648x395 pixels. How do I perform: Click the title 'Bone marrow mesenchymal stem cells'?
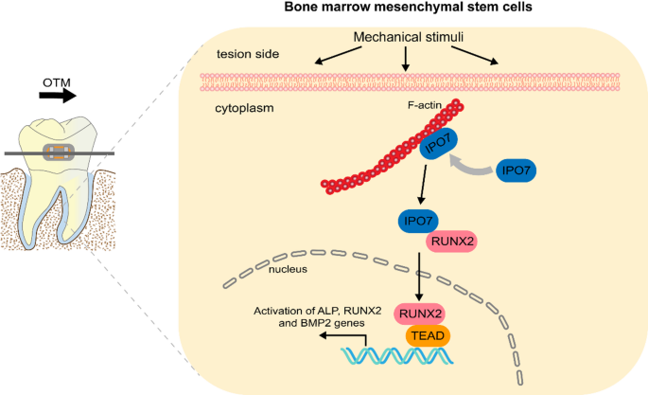point(415,9)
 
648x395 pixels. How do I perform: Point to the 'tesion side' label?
point(248,54)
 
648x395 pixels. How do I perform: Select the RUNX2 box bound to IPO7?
point(452,241)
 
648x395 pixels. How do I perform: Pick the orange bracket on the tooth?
point(60,153)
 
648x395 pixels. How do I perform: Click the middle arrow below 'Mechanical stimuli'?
point(405,59)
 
